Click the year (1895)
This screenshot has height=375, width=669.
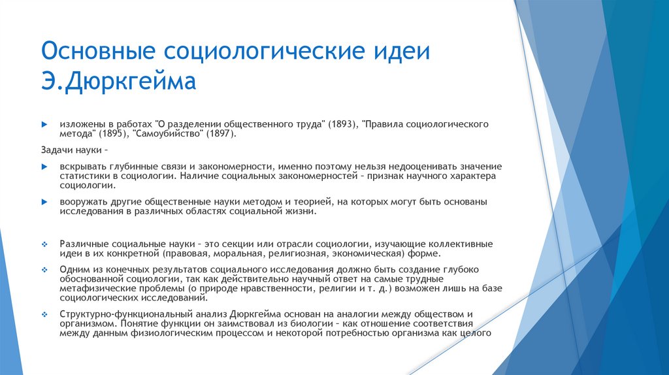pyautogui.click(x=114, y=133)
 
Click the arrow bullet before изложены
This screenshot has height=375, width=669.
pyautogui.click(x=44, y=123)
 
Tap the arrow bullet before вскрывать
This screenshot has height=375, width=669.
pyautogui.click(x=44, y=167)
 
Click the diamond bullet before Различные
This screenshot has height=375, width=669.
pyautogui.click(x=44, y=244)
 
